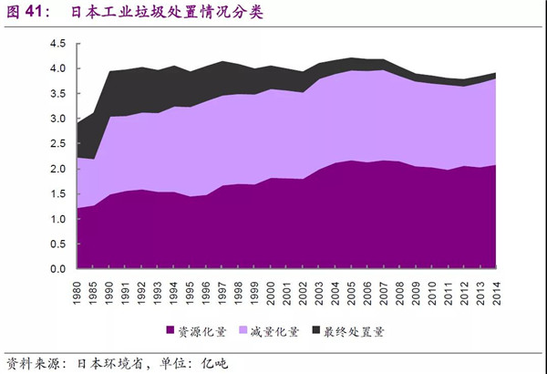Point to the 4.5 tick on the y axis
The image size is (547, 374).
pyautogui.click(x=59, y=44)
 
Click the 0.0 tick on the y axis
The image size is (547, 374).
pyautogui.click(x=59, y=270)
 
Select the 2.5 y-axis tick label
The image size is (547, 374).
pyautogui.click(x=59, y=144)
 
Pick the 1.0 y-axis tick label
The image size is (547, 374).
pyautogui.click(x=59, y=220)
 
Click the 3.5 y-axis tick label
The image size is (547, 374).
pyautogui.click(x=59, y=94)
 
